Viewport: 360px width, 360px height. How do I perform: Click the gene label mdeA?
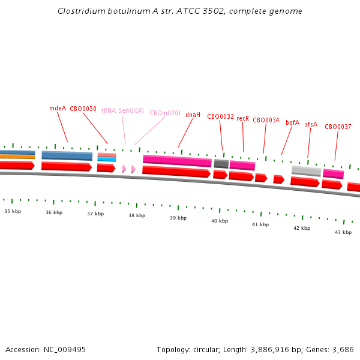pyautogui.click(x=58, y=109)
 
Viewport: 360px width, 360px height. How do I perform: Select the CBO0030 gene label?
pyautogui.click(x=83, y=109)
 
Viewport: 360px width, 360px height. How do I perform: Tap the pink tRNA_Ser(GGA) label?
pyautogui.click(x=122, y=111)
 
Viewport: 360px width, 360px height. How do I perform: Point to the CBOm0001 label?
pyautogui.click(x=165, y=113)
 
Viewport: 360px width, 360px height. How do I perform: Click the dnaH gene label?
pyautogui.click(x=193, y=115)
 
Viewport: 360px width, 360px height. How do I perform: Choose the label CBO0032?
pyautogui.click(x=220, y=116)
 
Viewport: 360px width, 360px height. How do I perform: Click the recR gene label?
pyautogui.click(x=242, y=118)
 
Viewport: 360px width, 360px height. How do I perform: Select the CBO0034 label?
pyautogui.click(x=266, y=120)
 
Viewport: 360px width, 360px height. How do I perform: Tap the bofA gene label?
pyautogui.click(x=292, y=122)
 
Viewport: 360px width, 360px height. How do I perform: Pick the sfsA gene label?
pyautogui.click(x=311, y=125)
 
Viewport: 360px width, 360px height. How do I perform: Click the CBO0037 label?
pyautogui.click(x=338, y=127)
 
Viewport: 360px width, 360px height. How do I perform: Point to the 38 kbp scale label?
pyautogui.click(x=137, y=215)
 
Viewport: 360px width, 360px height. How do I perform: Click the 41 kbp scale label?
pyautogui.click(x=260, y=224)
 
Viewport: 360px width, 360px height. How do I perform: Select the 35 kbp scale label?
pyautogui.click(x=13, y=211)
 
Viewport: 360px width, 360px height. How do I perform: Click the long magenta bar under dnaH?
pyautogui.click(x=177, y=161)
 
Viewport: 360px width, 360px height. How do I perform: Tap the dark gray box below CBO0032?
pyautogui.click(x=221, y=164)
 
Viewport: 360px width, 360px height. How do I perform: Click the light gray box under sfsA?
pyautogui.click(x=306, y=171)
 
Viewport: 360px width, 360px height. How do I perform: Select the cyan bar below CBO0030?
pyautogui.click(x=106, y=160)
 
